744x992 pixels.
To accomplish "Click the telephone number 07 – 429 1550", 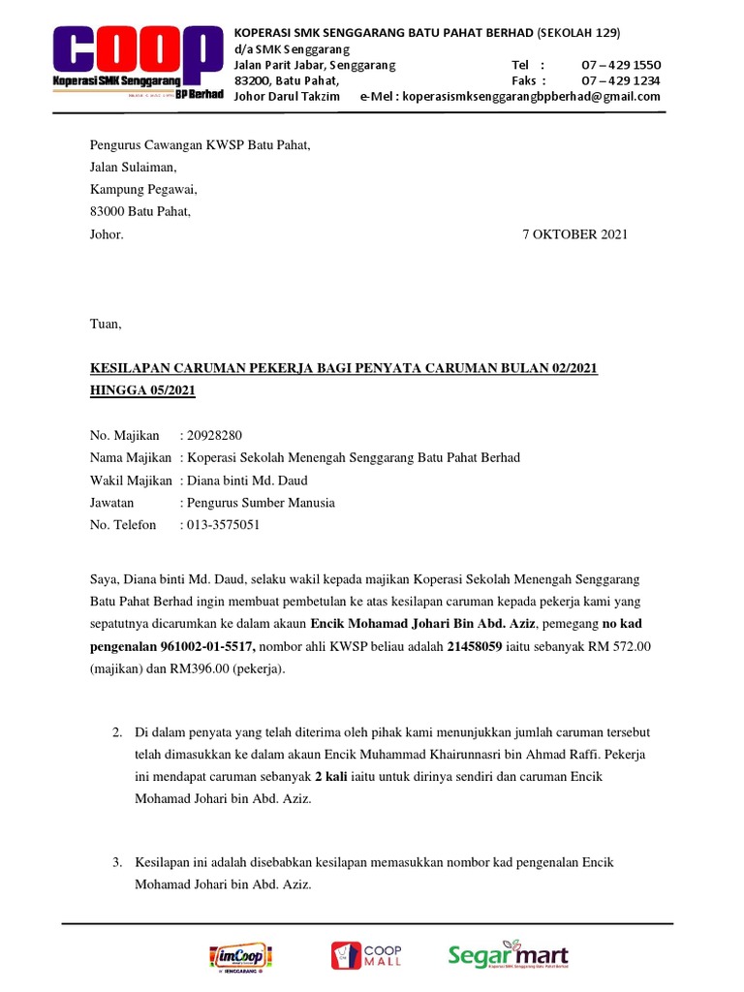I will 621,65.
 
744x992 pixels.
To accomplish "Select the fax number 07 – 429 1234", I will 621,80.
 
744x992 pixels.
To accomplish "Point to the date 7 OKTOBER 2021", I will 574,234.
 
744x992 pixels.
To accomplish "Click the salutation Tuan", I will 106,324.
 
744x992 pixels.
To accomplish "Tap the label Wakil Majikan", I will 131,480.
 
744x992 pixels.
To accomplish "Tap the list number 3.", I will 117,862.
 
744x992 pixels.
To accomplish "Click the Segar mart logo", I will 508,955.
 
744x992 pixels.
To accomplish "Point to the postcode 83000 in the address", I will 108,212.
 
